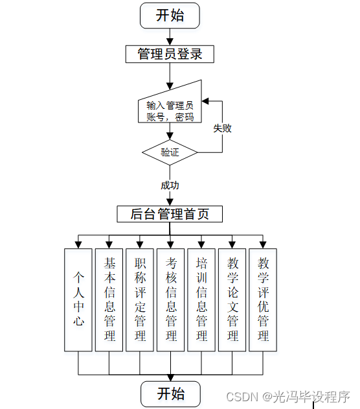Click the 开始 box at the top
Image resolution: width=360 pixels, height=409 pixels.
[170, 16]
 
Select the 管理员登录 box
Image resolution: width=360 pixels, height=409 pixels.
[170, 54]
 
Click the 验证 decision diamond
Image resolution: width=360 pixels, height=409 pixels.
[170, 153]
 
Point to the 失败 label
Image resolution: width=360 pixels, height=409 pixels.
[222, 128]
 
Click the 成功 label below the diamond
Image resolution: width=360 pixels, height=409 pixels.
[170, 185]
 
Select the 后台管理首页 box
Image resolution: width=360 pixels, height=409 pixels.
[170, 214]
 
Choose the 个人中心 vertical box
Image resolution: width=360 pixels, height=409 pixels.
[78, 299]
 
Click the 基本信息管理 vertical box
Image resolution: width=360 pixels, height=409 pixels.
[109, 299]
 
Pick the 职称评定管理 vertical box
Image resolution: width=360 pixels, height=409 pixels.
[140, 299]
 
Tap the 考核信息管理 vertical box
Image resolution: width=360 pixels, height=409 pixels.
[171, 299]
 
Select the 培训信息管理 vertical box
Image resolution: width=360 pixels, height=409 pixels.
[201, 299]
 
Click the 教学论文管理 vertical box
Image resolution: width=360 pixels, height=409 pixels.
[232, 299]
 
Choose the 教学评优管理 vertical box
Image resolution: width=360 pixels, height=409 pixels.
[263, 299]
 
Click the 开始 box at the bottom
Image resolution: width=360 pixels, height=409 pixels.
[170, 393]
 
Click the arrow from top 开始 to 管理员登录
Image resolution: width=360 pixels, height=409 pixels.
[170, 37]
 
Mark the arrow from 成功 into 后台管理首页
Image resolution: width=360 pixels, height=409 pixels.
[170, 200]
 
